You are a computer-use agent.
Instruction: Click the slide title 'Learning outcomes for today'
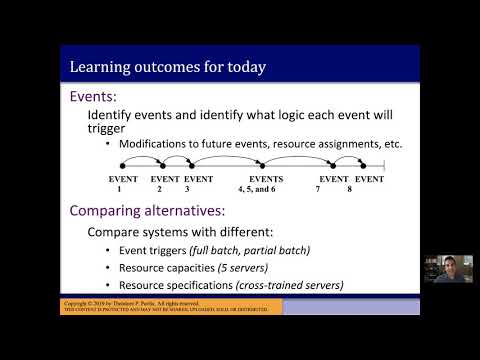(167, 68)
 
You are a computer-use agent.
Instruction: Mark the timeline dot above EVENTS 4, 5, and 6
(262, 166)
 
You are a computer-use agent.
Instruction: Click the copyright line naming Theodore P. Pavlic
(146, 302)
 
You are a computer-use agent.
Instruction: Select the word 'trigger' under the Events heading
(112, 129)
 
